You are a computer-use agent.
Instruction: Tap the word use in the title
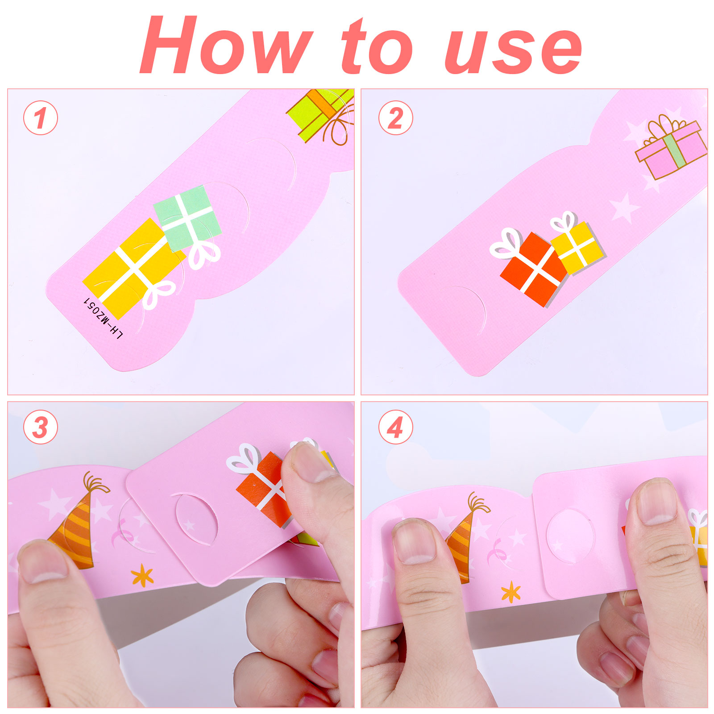point(513,50)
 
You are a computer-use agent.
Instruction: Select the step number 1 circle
point(41,118)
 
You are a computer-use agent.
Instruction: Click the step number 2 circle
point(396,118)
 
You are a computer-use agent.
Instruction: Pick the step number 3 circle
point(41,427)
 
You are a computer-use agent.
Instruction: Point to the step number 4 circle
point(396,427)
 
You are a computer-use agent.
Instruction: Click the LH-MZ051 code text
point(103,318)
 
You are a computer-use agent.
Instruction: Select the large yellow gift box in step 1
point(132,268)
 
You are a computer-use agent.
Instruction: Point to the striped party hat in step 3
point(76,527)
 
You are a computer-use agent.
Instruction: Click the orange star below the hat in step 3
point(142,576)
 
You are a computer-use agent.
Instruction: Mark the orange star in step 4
point(511,593)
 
